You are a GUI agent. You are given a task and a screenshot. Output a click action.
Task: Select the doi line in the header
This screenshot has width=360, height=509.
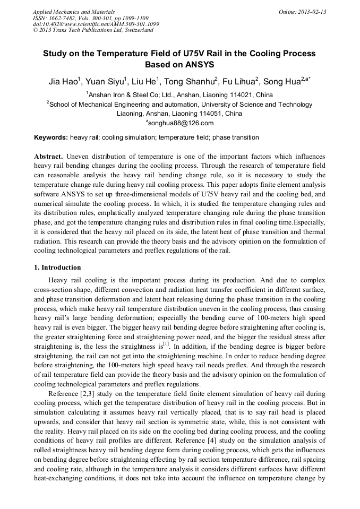[x=96, y=24]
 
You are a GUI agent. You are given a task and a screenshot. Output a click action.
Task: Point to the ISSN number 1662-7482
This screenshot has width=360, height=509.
[x=63, y=18]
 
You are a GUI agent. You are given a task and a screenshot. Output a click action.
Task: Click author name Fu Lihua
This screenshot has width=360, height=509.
[x=237, y=82]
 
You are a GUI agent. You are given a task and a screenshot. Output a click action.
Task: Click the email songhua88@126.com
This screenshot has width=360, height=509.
[x=182, y=123]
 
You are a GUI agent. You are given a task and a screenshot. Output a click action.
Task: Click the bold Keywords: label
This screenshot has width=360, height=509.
[x=50, y=137]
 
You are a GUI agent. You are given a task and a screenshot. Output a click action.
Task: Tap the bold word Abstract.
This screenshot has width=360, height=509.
[x=49, y=157]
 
